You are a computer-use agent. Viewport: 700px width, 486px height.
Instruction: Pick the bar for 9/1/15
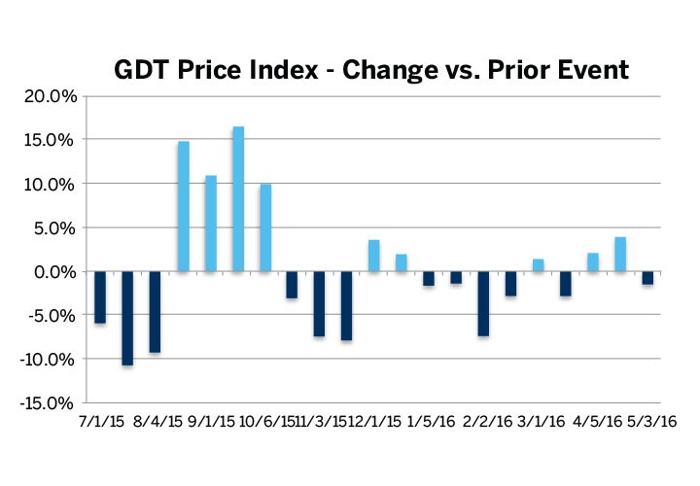(x=211, y=224)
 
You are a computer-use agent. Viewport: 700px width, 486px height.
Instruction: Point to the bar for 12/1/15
(x=374, y=256)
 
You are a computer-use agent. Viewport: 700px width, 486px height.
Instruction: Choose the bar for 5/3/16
(x=647, y=278)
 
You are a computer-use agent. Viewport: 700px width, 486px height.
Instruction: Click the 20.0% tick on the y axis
(x=49, y=95)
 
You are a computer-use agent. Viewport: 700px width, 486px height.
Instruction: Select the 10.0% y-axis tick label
(x=49, y=184)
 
